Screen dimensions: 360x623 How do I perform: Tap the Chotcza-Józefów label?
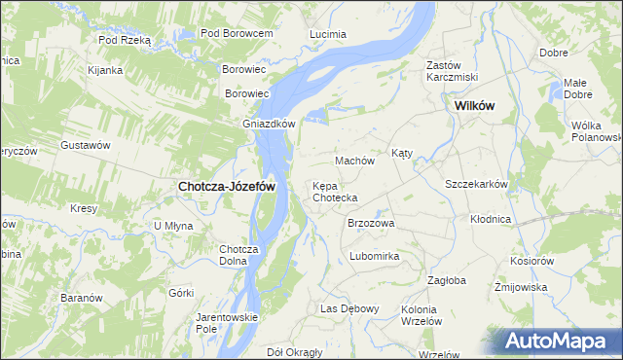226,186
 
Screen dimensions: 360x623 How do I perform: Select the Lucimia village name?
327,34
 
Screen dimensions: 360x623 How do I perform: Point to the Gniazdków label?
269,124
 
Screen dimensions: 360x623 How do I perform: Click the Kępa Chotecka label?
335,192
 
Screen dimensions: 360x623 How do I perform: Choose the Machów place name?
354,161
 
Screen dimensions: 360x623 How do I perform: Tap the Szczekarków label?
477,184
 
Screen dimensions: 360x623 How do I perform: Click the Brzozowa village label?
371,223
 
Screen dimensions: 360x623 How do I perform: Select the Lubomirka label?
374,257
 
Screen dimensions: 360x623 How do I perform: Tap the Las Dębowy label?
349,308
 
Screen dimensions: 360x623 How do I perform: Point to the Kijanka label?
104,70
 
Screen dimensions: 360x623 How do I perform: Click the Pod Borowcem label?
236,33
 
